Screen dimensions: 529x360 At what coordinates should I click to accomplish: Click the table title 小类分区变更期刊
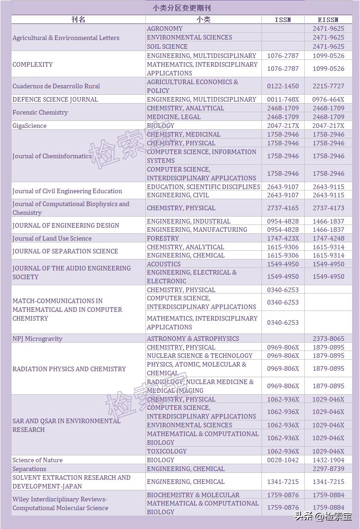(182, 8)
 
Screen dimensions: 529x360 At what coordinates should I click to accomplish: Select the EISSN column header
(328, 19)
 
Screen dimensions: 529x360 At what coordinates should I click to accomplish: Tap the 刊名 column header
(78, 19)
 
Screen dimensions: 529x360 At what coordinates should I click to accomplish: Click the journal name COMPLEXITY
(33, 64)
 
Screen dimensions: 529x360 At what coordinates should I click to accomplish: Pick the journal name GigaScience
(29, 126)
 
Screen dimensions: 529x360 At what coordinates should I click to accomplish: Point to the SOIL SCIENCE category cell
(167, 46)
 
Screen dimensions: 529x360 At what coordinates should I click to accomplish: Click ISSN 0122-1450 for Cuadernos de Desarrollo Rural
(283, 86)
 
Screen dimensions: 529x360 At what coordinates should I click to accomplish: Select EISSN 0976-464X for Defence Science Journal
(328, 99)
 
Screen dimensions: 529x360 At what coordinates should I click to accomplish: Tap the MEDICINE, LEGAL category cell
(174, 117)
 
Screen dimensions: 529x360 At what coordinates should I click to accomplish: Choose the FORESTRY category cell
(163, 238)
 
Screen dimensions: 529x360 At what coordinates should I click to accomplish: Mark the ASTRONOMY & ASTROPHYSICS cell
(193, 339)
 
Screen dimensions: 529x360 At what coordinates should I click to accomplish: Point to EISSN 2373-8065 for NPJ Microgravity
(328, 339)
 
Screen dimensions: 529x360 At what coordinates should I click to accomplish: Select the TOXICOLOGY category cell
(167, 451)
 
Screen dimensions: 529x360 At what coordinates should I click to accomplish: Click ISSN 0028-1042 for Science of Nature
(283, 460)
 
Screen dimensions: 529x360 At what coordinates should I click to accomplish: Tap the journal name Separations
(29, 469)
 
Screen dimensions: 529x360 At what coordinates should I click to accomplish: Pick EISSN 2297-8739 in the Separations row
(328, 469)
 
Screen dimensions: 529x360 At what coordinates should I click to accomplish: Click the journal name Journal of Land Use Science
(52, 238)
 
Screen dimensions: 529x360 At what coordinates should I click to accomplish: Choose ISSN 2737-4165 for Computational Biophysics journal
(283, 208)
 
